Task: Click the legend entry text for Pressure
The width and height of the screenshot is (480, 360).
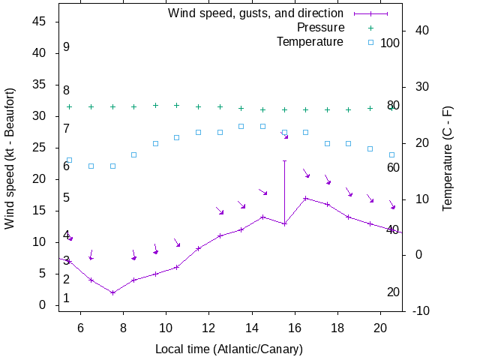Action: pos(320,28)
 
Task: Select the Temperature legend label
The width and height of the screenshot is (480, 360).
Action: pos(310,42)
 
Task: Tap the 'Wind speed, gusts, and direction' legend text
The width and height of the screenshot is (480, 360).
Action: pos(255,13)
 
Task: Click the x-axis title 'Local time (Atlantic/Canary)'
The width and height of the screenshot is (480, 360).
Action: pos(229,349)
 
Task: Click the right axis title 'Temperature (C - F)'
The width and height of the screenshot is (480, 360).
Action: pos(448,158)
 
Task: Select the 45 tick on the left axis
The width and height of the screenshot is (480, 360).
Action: pos(40,22)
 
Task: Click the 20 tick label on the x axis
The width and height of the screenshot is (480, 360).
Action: pos(380,327)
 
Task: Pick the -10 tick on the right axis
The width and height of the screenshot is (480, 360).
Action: pos(421,310)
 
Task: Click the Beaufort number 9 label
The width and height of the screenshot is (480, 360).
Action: pos(67,47)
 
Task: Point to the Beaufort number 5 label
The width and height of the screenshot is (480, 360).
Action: pos(67,198)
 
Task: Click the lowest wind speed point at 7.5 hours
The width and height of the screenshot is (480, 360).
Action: pos(112,292)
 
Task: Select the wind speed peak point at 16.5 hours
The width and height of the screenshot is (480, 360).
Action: pos(305,199)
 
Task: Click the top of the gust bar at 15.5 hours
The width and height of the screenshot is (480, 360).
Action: pos(284,160)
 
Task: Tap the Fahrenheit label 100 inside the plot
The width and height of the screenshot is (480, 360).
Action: pos(390,43)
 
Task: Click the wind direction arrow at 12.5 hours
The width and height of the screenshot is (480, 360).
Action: pos(220,211)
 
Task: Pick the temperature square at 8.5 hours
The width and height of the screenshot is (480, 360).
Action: pos(134,155)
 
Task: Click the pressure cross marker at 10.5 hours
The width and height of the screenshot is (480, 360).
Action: pos(177,106)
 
